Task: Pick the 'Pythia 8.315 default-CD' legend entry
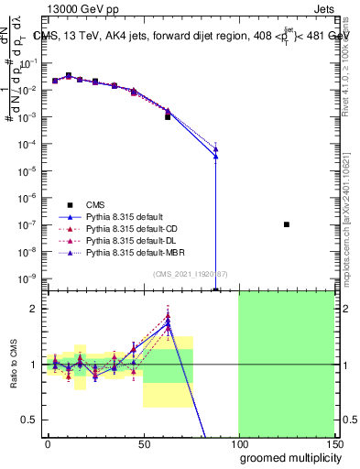pyautogui.click(x=134, y=228)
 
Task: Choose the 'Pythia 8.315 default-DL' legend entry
pyautogui.click(x=134, y=240)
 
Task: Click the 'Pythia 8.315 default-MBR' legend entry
pyautogui.click(x=136, y=252)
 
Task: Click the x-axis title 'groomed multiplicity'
pyautogui.click(x=286, y=457)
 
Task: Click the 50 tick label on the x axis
pyautogui.click(x=142, y=444)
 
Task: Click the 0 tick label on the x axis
pyautogui.click(x=48, y=444)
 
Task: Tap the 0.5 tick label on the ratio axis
pyautogui.click(x=31, y=420)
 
